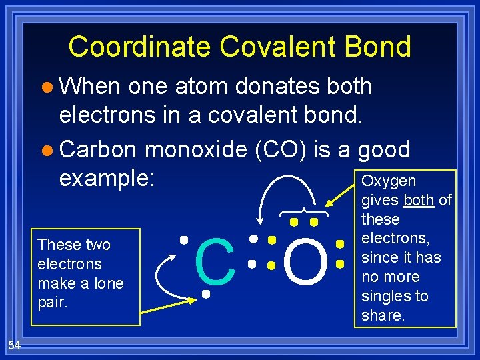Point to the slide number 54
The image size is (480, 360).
tap(15, 344)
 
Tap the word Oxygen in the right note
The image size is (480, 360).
tap(388, 181)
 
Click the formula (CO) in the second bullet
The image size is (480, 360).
tap(280, 149)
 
